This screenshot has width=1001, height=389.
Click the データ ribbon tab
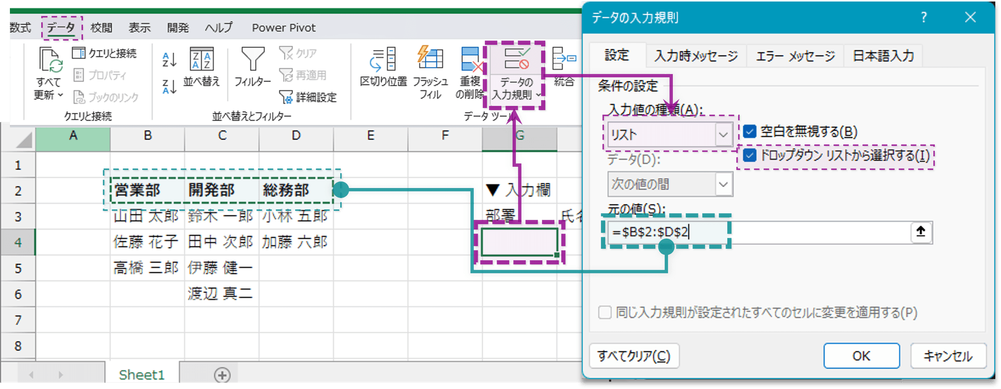pos(61,28)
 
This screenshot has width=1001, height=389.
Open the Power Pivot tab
pos(284,28)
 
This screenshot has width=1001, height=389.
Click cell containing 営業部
pos(148,190)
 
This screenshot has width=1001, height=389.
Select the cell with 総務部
pos(296,190)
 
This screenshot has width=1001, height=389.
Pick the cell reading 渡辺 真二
pos(222,294)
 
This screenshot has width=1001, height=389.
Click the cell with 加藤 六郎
pos(296,242)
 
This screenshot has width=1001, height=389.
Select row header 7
pos(18,320)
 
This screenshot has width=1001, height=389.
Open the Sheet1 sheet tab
pos(142,374)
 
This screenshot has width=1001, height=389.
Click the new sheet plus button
pos(222,374)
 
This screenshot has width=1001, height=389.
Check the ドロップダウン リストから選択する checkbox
pos(750,155)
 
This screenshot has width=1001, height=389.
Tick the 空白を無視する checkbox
pos(750,131)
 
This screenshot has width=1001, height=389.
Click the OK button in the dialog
pos(861,356)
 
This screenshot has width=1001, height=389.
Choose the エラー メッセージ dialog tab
pos(796,56)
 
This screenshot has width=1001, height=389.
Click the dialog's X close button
pos(970,17)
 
